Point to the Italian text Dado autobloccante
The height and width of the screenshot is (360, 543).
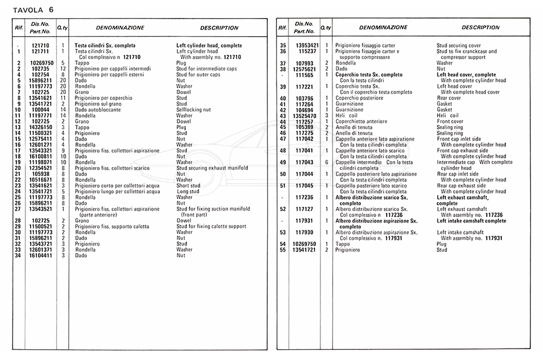98,110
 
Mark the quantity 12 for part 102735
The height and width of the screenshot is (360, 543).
63,69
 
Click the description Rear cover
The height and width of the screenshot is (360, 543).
449,98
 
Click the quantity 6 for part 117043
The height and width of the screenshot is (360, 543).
326,162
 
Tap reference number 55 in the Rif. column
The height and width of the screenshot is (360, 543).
282,250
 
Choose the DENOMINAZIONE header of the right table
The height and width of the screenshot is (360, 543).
383,28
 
